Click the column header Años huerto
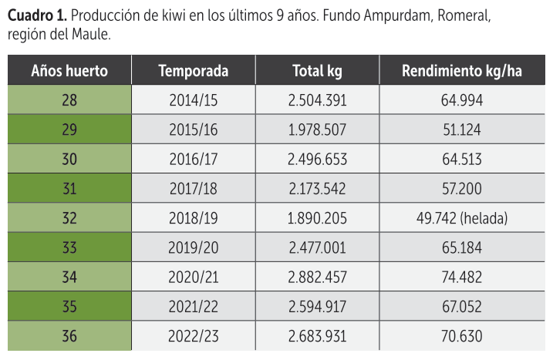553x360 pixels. [x=69, y=71]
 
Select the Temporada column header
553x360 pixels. [x=193, y=71]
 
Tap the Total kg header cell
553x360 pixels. [x=317, y=71]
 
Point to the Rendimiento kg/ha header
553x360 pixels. [x=461, y=71]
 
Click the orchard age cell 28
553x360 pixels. [x=69, y=100]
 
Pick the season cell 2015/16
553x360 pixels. [x=193, y=130]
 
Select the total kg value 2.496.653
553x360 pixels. [x=317, y=160]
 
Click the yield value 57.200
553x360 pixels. [x=461, y=189]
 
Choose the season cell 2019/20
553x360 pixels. [x=193, y=248]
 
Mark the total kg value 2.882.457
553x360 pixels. [x=317, y=278]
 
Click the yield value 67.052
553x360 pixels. [x=461, y=307]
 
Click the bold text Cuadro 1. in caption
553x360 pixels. [x=36, y=16]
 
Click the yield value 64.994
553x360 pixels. [x=461, y=100]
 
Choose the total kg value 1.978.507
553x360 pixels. [x=317, y=130]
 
